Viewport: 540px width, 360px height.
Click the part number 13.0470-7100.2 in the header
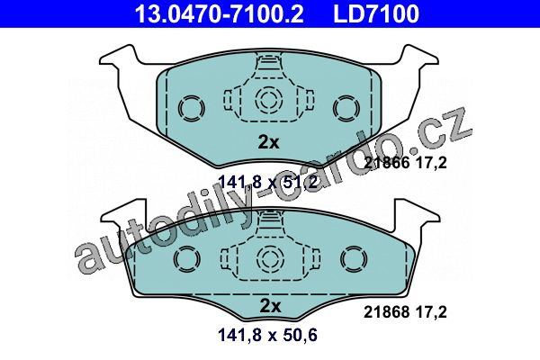tap(219, 13)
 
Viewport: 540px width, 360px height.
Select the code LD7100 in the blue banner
tap(376, 13)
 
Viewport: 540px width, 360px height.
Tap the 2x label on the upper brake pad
tap(268, 142)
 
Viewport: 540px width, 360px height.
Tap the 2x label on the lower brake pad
tap(270, 306)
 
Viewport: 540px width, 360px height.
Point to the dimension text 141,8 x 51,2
tap(267, 182)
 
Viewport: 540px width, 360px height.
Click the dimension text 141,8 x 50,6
tap(267, 335)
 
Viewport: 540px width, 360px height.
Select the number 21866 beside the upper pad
tap(387, 162)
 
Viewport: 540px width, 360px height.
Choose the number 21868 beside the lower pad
tap(387, 312)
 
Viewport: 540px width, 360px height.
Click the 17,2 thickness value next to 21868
tap(431, 312)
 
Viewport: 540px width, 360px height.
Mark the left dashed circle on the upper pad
tap(191, 108)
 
